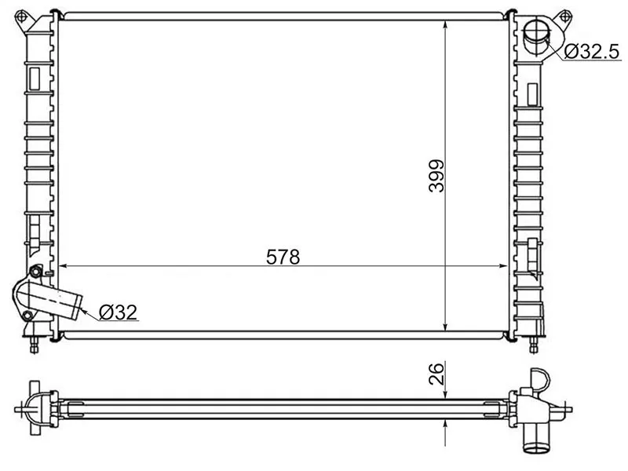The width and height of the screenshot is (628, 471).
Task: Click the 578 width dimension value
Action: pyautogui.click(x=283, y=257)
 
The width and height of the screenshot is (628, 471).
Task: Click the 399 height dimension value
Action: pyautogui.click(x=436, y=176)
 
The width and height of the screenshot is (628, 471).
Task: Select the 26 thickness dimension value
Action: pyautogui.click(x=436, y=374)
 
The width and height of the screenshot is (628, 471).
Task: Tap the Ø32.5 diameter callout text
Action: pyautogui.click(x=592, y=52)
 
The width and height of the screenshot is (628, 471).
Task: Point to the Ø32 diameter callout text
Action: pyautogui.click(x=119, y=312)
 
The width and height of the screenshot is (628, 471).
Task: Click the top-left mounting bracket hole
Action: pyautogui.click(x=21, y=17)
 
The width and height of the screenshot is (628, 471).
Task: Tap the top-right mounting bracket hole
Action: pyautogui.click(x=564, y=17)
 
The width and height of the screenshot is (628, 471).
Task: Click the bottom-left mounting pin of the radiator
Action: pyautogui.click(x=34, y=344)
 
